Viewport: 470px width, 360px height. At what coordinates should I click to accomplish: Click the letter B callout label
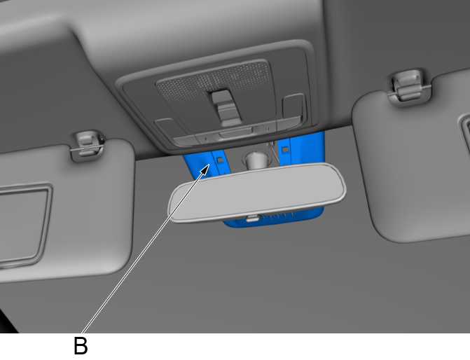tap(81, 345)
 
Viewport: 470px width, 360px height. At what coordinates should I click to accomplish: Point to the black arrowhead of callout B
tap(205, 169)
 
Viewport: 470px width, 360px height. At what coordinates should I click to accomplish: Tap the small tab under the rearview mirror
tap(252, 219)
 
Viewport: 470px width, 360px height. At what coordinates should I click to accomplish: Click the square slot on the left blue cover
tap(221, 160)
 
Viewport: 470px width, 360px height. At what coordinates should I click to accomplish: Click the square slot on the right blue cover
tap(285, 149)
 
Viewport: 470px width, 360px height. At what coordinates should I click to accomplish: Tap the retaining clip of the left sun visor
tap(87, 145)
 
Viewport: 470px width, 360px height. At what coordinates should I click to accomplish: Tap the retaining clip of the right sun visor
tap(409, 86)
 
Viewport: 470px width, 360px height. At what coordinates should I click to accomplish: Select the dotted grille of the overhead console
tap(214, 81)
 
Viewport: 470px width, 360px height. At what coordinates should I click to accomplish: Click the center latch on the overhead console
tap(226, 108)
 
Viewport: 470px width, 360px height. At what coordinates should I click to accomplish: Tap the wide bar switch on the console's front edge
tap(235, 132)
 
